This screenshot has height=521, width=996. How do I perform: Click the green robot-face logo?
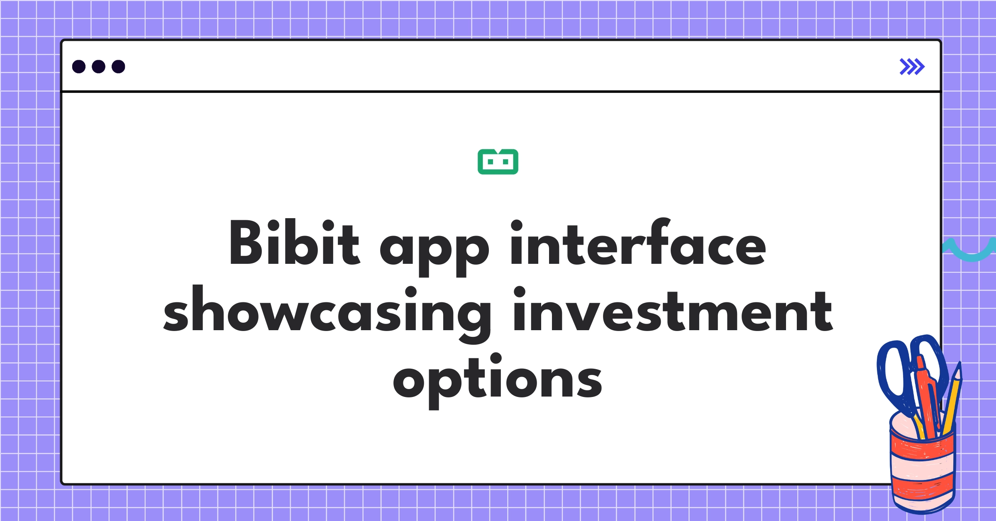tap(498, 162)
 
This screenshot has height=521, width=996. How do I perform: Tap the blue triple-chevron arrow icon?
tap(912, 67)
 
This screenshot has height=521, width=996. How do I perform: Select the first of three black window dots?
tap(79, 67)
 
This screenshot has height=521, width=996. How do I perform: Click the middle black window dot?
tap(98, 67)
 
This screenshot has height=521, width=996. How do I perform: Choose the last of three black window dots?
tap(118, 67)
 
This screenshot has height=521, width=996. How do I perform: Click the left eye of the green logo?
tap(490, 162)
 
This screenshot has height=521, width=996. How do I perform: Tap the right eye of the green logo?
tap(505, 162)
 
